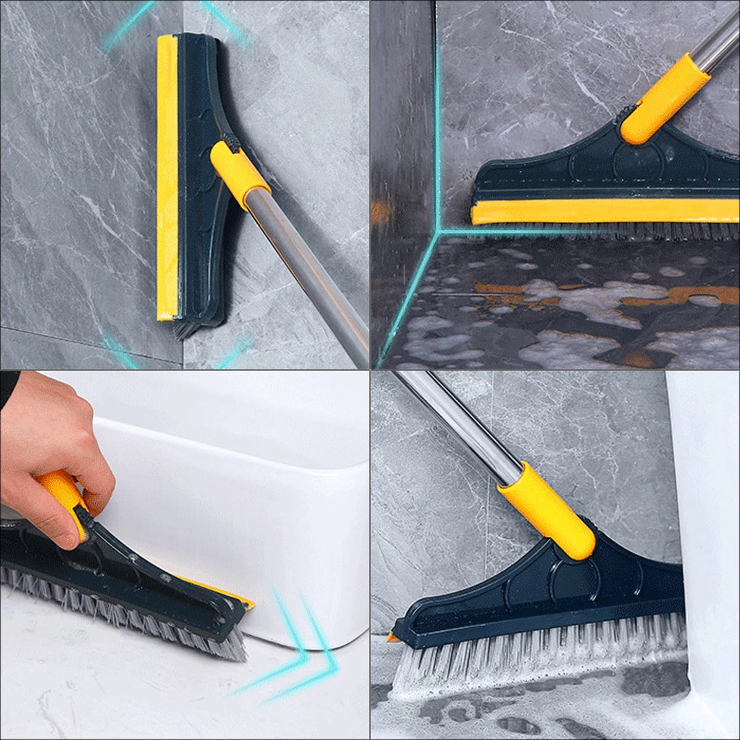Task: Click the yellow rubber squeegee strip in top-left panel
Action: point(166,179)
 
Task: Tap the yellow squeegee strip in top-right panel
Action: point(604,212)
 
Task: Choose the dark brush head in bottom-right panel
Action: point(555,592)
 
